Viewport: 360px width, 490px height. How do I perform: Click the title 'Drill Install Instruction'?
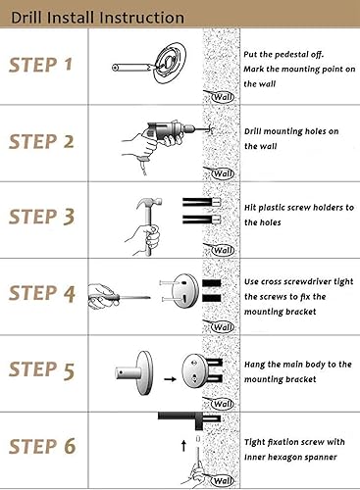pos(97,18)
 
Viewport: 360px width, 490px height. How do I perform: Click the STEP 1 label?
pos(40,65)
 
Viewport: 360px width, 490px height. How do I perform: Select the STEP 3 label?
pos(41,217)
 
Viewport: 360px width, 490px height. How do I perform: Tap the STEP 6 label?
pos(42,446)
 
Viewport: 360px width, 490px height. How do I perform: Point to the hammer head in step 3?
pos(149,203)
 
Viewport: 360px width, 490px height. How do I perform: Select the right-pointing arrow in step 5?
pos(170,379)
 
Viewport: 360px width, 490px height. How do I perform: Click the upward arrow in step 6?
pos(183,446)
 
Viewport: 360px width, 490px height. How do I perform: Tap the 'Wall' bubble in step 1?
pos(223,97)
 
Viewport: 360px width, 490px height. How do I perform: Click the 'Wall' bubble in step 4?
pos(223,326)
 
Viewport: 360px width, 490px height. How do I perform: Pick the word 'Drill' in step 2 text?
pos(252,131)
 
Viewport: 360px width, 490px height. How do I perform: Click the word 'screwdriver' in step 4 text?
pos(308,281)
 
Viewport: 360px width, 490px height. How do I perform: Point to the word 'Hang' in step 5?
pos(254,365)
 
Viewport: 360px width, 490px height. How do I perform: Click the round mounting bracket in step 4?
pos(185,291)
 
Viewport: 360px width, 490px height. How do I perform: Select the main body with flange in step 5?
pos(134,372)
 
